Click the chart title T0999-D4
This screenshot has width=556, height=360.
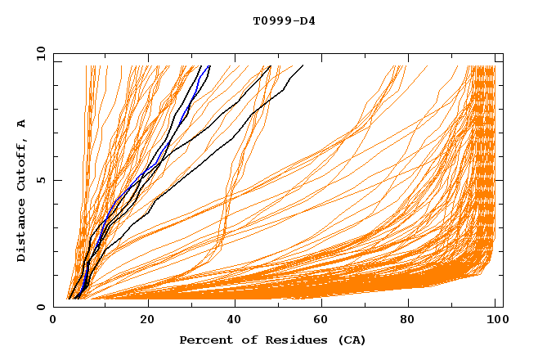click(284, 21)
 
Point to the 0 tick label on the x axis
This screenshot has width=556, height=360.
click(53, 322)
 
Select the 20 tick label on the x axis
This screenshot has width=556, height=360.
click(147, 322)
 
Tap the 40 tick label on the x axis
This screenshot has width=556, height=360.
click(236, 322)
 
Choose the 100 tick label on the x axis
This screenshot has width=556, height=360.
click(495, 322)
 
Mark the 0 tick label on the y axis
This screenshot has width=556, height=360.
click(41, 307)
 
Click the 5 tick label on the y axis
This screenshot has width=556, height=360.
click(41, 180)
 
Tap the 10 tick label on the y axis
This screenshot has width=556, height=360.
click(38, 53)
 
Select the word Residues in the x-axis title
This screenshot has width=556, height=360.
click(290, 340)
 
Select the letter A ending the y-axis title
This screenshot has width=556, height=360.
click(22, 124)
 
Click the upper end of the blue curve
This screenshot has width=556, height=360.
click(209, 65)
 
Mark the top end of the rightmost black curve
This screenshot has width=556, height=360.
click(303, 65)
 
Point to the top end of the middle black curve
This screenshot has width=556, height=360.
click(271, 65)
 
